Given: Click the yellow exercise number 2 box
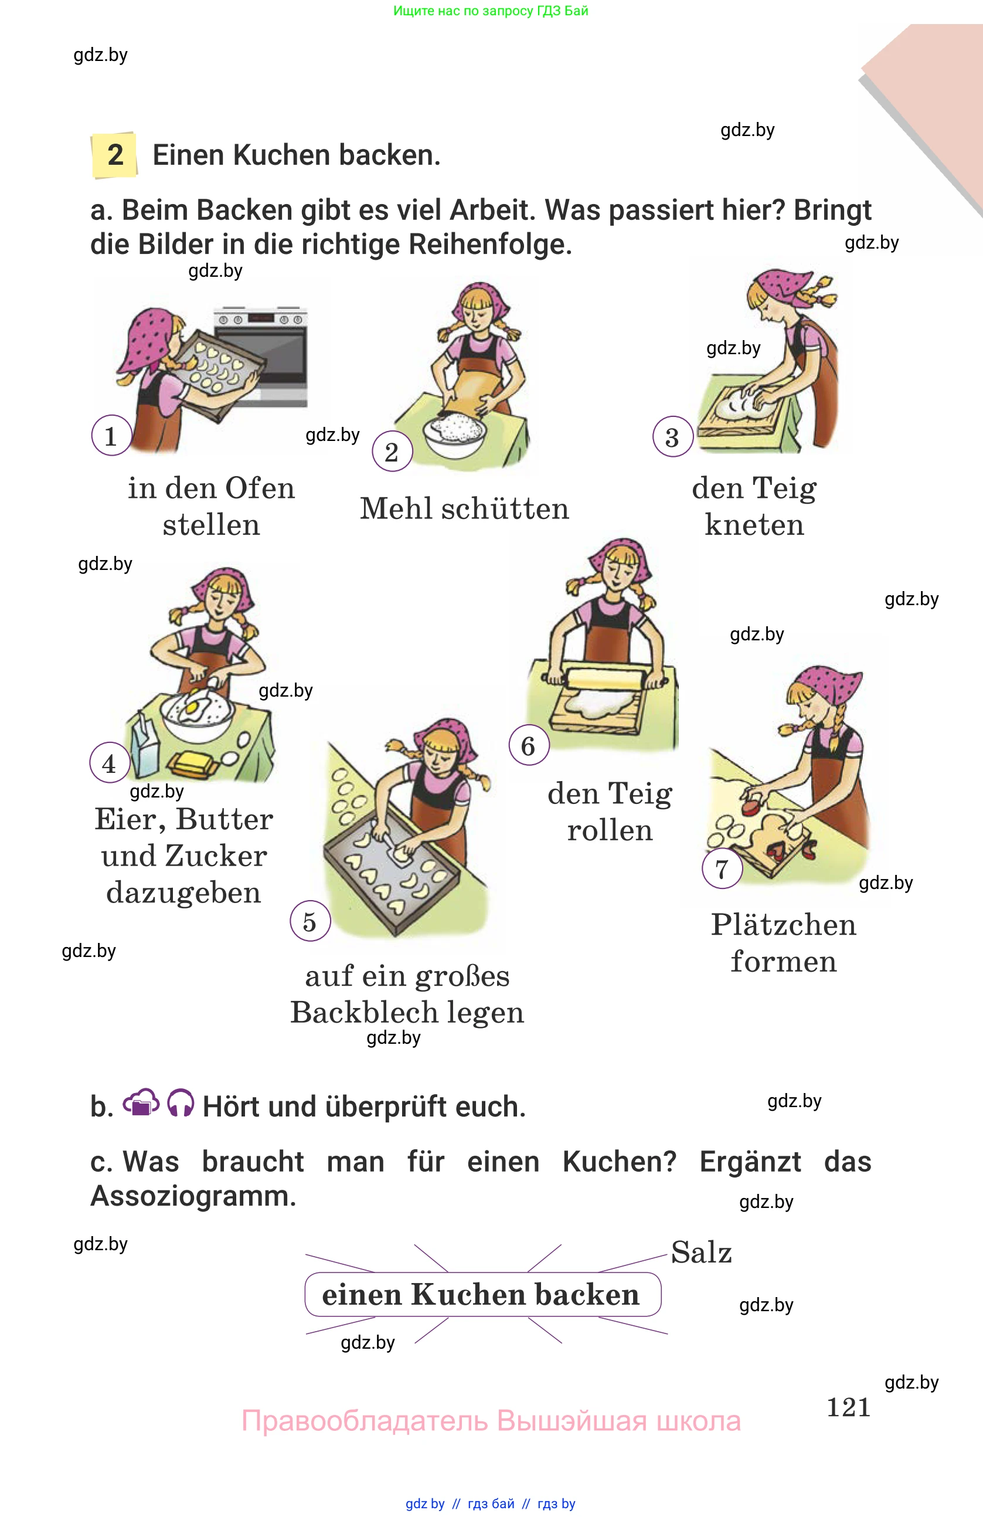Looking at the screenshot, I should pos(115,155).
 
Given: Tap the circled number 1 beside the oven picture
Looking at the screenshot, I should pos(111,436).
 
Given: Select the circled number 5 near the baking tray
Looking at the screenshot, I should pos(309,921).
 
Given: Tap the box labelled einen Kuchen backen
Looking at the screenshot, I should pos(482,1295).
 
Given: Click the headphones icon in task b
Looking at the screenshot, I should pos(181,1104).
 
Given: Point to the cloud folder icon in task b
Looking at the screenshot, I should pos(140,1102).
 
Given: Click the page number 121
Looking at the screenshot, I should pos(848,1407).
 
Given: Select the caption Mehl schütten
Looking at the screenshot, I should pos(464,508).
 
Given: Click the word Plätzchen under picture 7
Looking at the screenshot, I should pos(784,925).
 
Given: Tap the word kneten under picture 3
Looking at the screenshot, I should pos(754,525).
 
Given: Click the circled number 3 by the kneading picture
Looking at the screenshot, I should pos(672,437).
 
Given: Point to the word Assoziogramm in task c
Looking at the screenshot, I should pos(193,1196).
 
